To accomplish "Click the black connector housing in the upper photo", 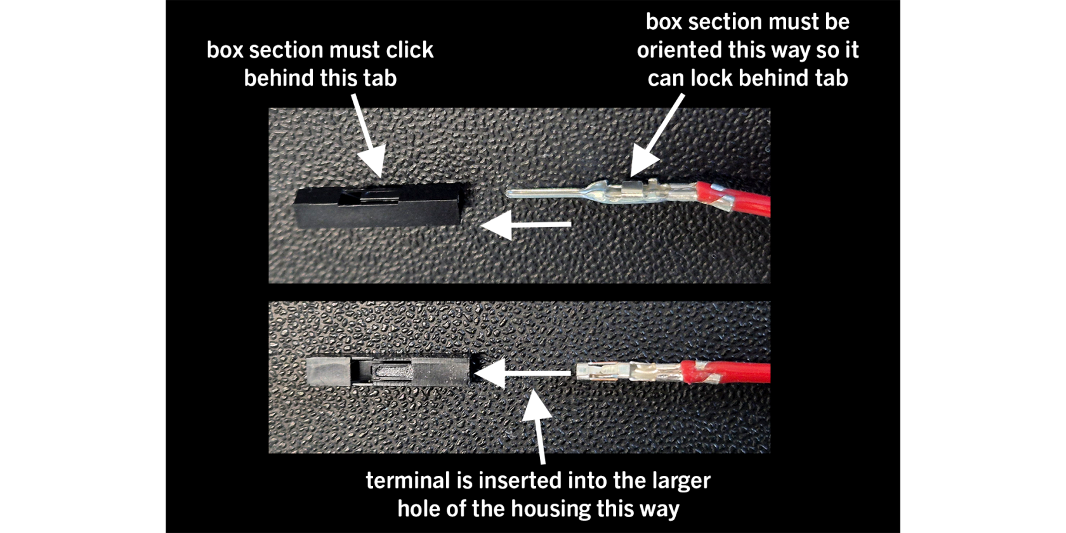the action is coord(379,205).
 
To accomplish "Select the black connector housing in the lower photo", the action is coord(387,371).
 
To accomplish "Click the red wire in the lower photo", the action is coord(726,372).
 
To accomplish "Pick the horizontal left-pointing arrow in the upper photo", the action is coord(525,224).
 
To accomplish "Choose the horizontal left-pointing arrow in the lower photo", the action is coord(523,373).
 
